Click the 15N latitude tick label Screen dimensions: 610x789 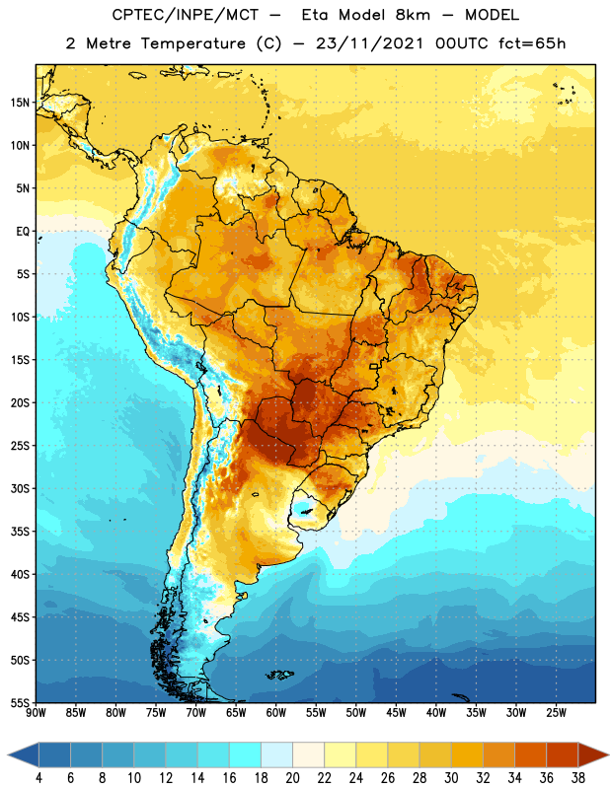(x=20, y=103)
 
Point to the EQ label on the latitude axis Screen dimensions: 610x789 (x=23, y=232)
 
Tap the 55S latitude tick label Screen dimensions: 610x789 (x=20, y=703)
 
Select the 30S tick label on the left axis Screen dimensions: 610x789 (x=20, y=488)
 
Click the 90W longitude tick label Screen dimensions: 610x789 (x=36, y=712)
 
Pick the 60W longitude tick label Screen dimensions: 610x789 (x=276, y=712)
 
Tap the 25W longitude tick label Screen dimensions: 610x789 (x=556, y=712)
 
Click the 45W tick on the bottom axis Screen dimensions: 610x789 (x=396, y=712)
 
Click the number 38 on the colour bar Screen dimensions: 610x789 (x=578, y=778)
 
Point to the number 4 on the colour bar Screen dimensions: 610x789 (x=38, y=778)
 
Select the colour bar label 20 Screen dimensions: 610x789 (x=292, y=778)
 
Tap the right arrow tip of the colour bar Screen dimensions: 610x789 (x=608, y=755)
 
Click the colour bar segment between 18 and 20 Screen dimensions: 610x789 (x=277, y=755)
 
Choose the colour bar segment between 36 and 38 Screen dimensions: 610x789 (x=563, y=755)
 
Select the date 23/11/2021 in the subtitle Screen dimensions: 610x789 (x=370, y=43)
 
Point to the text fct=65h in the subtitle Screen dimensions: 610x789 (x=532, y=43)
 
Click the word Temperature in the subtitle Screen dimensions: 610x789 (x=192, y=43)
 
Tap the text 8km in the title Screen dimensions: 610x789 (x=413, y=15)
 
